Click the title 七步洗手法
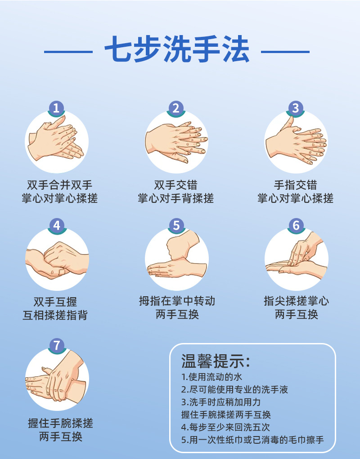177,51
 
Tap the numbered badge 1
56,108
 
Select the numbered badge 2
176,108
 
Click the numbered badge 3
296,108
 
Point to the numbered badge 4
56,225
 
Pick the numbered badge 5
176,225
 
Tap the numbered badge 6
296,225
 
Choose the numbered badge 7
56,345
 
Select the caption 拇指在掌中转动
177,301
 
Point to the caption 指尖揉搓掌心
296,301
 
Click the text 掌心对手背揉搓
176,198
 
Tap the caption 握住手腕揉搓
60,423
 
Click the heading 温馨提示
215,361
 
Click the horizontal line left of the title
68,52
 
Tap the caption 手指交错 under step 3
296,185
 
